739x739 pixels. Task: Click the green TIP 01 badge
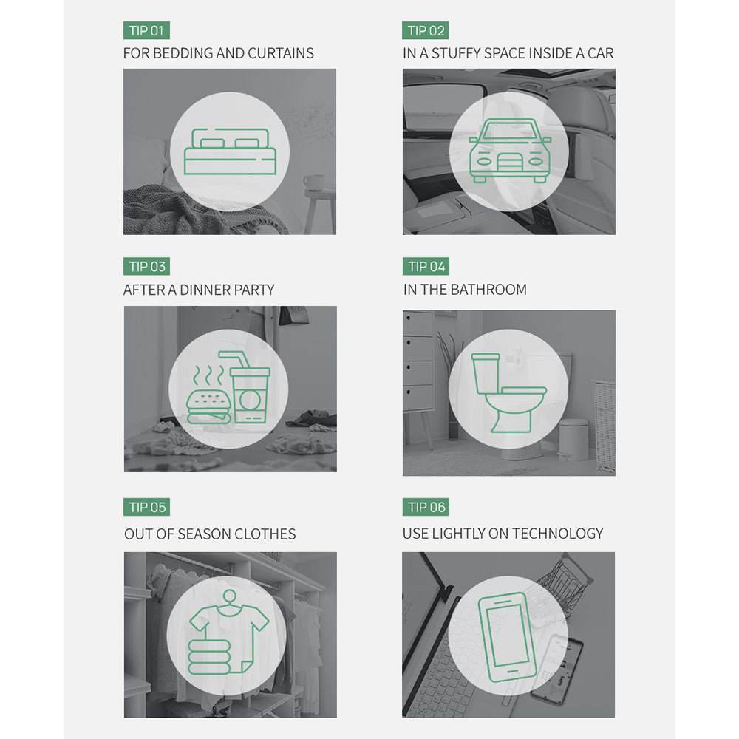146,30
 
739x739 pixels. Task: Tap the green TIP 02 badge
426,30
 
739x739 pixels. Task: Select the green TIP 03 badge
146,266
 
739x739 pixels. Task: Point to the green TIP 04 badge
426,266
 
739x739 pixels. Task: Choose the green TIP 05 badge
146,507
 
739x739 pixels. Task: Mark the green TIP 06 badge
426,507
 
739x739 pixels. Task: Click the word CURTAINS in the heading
281,53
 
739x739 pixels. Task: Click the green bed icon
230,151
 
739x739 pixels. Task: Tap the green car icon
509,151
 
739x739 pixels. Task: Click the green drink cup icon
249,387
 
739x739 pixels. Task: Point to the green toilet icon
508,393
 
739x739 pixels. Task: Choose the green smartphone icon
508,638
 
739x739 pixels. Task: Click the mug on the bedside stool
314,183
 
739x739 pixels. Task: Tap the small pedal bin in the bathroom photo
573,439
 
